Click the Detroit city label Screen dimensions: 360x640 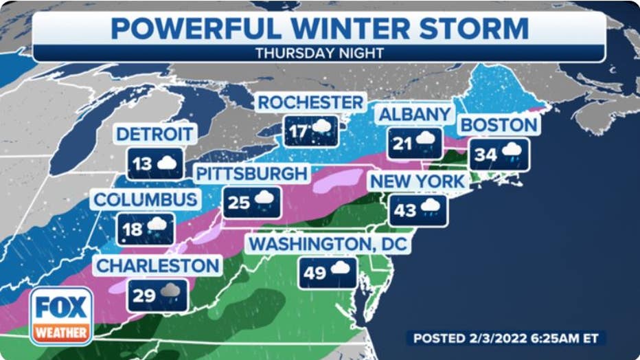(156, 134)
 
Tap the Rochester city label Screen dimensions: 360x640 (310, 103)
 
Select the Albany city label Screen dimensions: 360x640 (415, 114)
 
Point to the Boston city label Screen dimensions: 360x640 (499, 125)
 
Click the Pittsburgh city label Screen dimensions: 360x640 (251, 174)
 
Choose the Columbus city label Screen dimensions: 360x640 (146, 200)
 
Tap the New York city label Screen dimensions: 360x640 (418, 181)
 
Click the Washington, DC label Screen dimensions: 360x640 (329, 245)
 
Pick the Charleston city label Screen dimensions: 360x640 (157, 265)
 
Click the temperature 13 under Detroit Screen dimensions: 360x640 (143, 164)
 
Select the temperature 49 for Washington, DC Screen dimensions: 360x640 (315, 273)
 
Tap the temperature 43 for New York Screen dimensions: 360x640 (405, 210)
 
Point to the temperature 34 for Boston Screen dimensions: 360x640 (485, 155)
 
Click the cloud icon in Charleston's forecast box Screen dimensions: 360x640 (170, 291)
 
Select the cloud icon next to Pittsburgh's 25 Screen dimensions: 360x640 (264, 199)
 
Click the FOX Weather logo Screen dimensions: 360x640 (61, 315)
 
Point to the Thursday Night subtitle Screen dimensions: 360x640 (319, 53)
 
